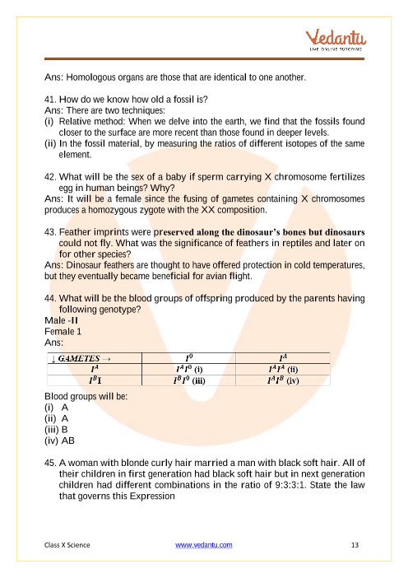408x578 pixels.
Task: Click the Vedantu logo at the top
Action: point(336,40)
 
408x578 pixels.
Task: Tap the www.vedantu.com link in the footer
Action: point(204,545)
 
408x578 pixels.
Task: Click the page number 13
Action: point(355,545)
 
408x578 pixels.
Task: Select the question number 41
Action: point(50,100)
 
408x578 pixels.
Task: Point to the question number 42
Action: point(50,177)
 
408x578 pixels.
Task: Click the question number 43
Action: point(50,232)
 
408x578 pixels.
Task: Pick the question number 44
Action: point(50,299)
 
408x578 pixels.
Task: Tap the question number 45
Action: point(50,463)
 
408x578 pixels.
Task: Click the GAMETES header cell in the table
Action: point(95,358)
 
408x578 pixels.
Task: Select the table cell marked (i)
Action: point(189,370)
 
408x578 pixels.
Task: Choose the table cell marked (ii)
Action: point(283,370)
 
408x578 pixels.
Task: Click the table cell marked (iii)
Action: point(189,380)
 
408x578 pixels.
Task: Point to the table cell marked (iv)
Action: point(283,380)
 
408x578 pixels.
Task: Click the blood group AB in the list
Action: point(68,440)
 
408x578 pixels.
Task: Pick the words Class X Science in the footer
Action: point(67,545)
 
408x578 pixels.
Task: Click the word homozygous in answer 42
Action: point(106,210)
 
